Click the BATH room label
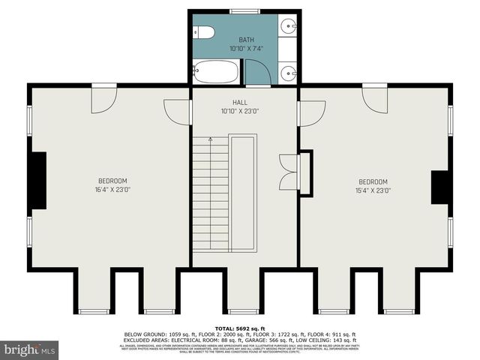point(247,39)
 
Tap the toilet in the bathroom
point(203,31)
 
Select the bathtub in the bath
point(215,73)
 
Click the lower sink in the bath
point(289,73)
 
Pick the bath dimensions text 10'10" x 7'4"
point(247,49)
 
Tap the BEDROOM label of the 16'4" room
point(112,181)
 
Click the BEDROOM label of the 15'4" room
point(373,181)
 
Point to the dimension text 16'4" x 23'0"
point(112,190)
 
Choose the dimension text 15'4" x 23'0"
point(373,190)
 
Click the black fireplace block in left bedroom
point(37,181)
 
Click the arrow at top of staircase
point(211,139)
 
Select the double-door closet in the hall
point(288,172)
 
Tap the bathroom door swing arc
point(258,72)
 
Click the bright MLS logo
point(29,349)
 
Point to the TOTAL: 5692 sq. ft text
point(241,328)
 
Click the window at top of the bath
point(240,11)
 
